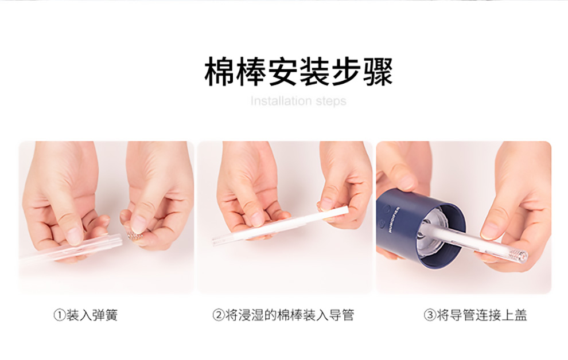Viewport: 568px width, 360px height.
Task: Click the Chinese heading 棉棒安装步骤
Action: (298, 71)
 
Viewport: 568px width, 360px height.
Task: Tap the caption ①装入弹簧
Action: (86, 315)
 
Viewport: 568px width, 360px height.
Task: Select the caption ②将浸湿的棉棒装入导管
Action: (283, 315)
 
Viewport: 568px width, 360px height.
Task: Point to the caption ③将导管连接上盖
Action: (475, 315)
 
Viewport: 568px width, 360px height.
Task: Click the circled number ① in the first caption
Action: (60, 315)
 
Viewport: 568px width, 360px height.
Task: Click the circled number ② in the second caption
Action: (219, 315)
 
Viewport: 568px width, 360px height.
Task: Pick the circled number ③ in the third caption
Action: (430, 315)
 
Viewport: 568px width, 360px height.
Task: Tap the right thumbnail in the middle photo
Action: (326, 204)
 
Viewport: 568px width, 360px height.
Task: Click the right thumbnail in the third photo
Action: (490, 229)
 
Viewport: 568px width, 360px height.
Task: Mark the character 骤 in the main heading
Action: (378, 72)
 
